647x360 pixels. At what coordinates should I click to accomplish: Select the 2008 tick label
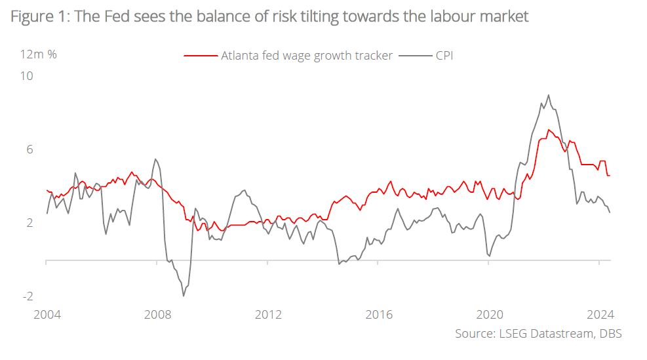157,314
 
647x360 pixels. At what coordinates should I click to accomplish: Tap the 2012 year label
267,314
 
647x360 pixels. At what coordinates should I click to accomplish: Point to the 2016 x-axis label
378,314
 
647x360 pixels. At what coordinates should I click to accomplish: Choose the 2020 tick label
489,314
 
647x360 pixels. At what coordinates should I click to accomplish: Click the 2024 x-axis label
600,314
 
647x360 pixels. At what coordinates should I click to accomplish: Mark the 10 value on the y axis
27,76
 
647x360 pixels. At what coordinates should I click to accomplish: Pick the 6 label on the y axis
29,150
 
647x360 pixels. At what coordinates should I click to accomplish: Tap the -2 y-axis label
28,296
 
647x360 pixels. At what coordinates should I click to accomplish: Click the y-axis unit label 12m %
39,54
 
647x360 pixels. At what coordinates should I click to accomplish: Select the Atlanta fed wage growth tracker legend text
307,56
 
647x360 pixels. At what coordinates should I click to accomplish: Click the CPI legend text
444,56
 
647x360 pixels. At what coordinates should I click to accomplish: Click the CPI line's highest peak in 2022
549,95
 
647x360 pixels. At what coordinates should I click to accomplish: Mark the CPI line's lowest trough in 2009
184,296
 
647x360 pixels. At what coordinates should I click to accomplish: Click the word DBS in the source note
609,334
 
